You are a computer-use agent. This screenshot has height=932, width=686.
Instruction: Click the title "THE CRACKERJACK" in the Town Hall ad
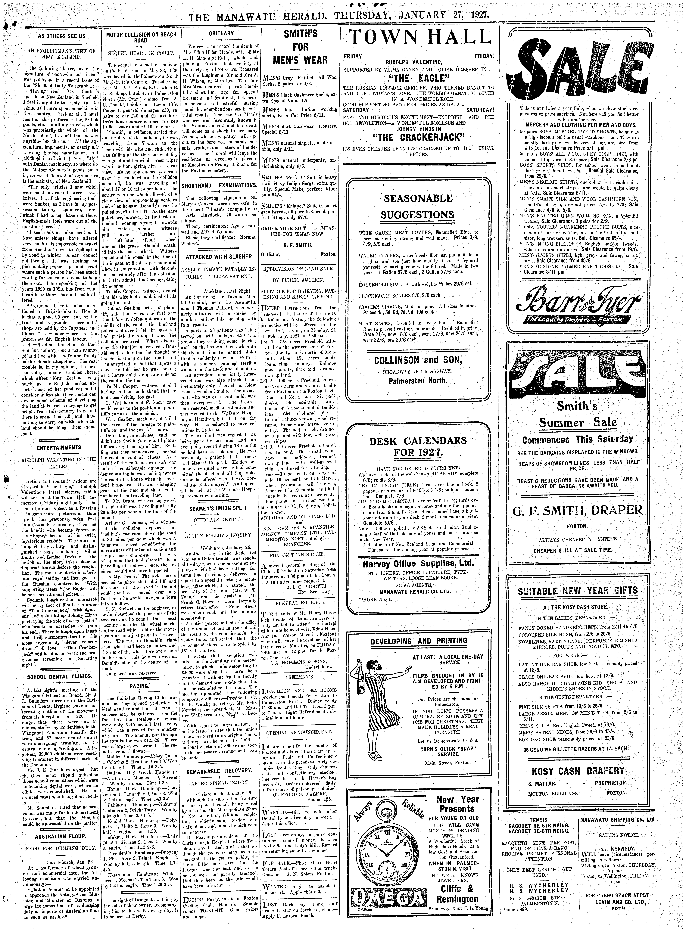(x=418, y=137)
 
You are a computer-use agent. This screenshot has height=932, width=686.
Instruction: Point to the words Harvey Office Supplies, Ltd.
(x=418, y=564)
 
